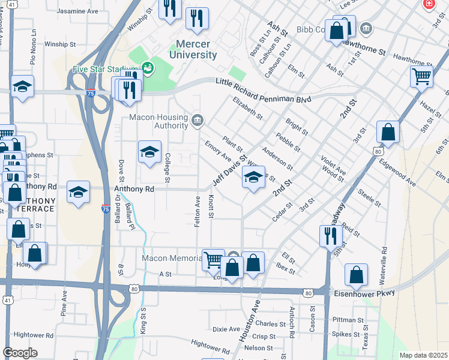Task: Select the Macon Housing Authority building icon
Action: (x=196, y=121)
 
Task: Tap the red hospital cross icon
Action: (x=428, y=5)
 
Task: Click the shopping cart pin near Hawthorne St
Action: (x=421, y=77)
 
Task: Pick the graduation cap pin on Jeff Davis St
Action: (x=253, y=178)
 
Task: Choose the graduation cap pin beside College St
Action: (x=149, y=152)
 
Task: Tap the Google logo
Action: (x=20, y=353)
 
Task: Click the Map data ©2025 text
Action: (x=423, y=355)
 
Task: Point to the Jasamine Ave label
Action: (x=77, y=11)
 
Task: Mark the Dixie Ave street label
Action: (x=226, y=329)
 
